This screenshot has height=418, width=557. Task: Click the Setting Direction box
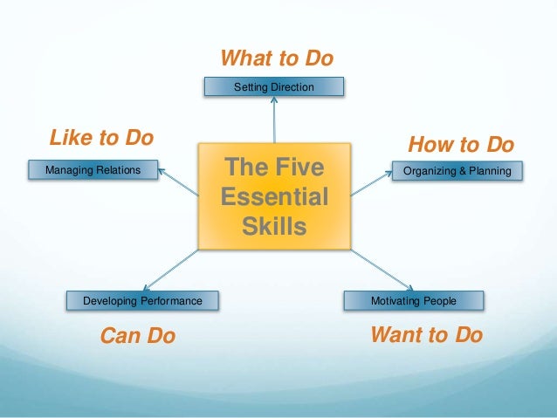coord(274,86)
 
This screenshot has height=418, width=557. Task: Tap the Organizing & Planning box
coord(457,171)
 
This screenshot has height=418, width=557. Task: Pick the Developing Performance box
coord(142,301)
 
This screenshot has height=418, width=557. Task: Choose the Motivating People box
coord(413,301)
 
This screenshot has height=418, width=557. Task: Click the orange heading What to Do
coord(277,58)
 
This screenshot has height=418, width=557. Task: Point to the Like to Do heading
coord(101,137)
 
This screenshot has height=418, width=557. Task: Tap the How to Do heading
coord(461,144)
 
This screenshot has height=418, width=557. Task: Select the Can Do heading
coord(138,336)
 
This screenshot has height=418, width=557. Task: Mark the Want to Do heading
coord(426,335)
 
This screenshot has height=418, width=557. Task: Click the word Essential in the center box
coord(275,196)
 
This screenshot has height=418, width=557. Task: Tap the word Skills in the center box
coord(275,227)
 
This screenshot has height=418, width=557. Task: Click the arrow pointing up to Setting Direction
coord(274,118)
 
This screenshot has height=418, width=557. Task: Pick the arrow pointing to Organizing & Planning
coord(371,182)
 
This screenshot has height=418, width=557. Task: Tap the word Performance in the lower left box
coord(167,301)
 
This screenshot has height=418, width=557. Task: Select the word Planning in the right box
coord(489,171)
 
